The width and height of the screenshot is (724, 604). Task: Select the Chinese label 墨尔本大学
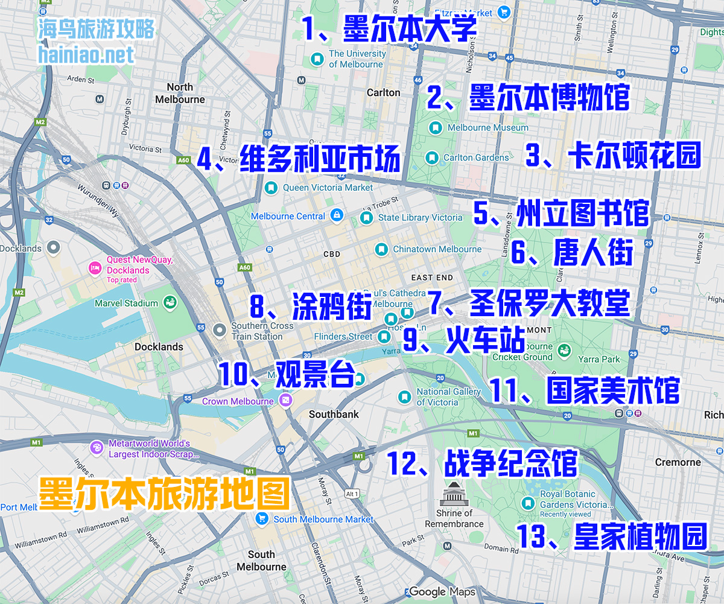click(410, 29)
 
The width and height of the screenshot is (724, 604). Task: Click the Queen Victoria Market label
click(328, 188)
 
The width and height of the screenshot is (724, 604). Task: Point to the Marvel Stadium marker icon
click(170, 303)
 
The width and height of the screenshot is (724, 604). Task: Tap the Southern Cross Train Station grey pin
click(220, 328)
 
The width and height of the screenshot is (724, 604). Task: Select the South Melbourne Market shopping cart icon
click(262, 519)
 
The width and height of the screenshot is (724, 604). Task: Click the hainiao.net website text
click(86, 55)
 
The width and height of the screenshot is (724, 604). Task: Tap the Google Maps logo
click(442, 592)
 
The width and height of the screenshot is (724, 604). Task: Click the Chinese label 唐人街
click(593, 252)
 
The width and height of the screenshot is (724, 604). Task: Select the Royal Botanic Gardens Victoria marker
click(529, 504)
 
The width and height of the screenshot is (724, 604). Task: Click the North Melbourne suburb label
click(180, 94)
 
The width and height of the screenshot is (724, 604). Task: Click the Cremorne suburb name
click(678, 462)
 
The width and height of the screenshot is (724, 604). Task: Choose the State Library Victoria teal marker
click(366, 217)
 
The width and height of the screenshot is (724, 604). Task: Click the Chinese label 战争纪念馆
click(510, 463)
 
